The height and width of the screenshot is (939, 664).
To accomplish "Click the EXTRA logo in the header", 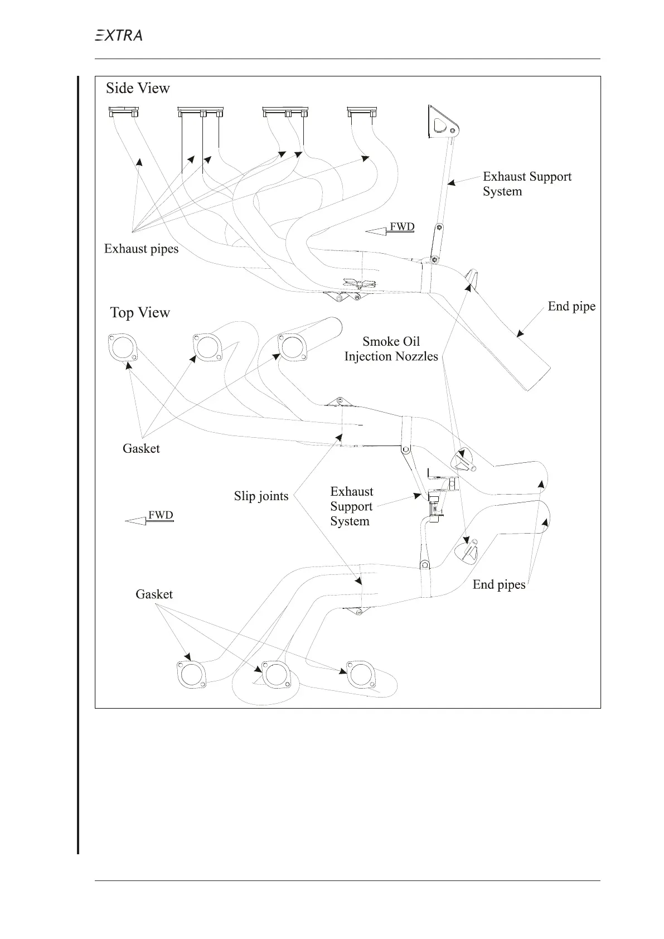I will click(118, 35).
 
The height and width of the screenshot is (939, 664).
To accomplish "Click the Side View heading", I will click(138, 88).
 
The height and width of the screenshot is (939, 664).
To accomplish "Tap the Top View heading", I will click(140, 312).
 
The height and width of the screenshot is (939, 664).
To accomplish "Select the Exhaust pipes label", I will click(141, 249).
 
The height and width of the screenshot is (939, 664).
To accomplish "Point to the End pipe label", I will click(571, 306).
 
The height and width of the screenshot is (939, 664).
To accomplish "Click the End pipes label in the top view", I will click(499, 584).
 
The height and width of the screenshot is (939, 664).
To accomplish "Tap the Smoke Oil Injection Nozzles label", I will click(391, 349).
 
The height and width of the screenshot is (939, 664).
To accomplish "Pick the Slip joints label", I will click(261, 496).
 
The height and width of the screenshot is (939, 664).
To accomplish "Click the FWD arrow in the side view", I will click(390, 228).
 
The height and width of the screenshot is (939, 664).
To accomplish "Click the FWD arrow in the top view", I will click(149, 517).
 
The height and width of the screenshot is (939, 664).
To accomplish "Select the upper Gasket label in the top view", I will click(141, 448).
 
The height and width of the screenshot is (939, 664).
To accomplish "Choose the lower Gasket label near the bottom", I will click(154, 594).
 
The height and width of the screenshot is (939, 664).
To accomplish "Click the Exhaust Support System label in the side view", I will click(526, 184).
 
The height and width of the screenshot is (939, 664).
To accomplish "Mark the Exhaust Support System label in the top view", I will click(351, 506).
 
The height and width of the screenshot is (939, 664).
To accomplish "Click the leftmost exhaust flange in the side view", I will click(123, 112).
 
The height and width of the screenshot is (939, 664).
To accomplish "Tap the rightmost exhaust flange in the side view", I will click(361, 112).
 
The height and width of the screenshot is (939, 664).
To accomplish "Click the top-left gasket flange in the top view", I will click(122, 347).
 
